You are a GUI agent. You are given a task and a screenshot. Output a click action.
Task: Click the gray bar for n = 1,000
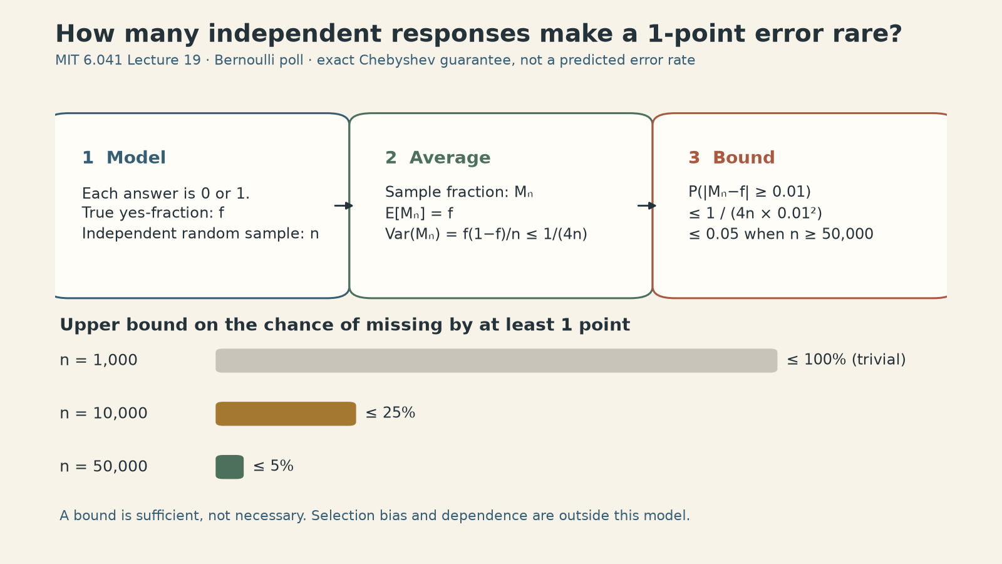(x=497, y=361)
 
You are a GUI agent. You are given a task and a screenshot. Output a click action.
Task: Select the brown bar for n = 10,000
(x=286, y=414)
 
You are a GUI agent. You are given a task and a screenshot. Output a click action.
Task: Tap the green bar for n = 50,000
(x=229, y=467)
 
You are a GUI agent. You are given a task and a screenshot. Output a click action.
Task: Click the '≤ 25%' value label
(x=390, y=413)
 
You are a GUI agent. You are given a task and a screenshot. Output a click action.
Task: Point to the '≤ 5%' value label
(x=273, y=466)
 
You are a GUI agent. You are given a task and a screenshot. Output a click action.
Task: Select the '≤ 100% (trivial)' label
(x=846, y=360)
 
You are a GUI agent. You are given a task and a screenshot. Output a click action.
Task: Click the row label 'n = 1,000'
(x=98, y=360)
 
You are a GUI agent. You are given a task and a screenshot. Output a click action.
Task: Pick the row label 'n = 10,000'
(x=103, y=413)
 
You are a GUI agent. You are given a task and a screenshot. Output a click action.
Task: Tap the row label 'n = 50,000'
(x=103, y=466)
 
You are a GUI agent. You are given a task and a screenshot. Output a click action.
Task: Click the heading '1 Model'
(x=124, y=157)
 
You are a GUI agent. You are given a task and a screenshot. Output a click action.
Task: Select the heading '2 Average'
(x=438, y=157)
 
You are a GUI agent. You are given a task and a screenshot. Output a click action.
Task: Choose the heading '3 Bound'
(x=732, y=157)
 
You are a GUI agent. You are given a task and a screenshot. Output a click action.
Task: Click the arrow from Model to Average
(x=344, y=206)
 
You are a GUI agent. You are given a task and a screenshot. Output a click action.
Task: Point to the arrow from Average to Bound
(x=647, y=206)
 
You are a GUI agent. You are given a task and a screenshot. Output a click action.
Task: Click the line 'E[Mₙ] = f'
(x=419, y=214)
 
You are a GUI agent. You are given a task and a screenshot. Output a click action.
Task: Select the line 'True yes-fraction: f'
(x=153, y=212)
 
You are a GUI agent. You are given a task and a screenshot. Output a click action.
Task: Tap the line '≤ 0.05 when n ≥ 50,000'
(x=781, y=234)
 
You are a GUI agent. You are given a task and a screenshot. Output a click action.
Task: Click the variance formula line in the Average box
(x=486, y=234)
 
